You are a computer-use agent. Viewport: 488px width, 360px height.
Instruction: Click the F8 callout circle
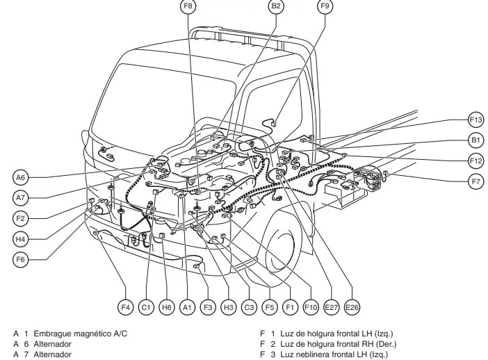tap(188, 7)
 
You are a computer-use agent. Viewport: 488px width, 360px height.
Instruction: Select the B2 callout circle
tap(276, 7)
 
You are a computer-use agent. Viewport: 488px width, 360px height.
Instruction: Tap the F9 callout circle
tap(325, 7)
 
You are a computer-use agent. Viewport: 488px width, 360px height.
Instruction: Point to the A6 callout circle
tap(22, 177)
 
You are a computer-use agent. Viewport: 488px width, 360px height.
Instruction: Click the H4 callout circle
tap(22, 239)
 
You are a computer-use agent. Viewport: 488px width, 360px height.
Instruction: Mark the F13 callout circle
tap(475, 120)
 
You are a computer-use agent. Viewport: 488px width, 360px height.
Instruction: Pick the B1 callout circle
tap(475, 140)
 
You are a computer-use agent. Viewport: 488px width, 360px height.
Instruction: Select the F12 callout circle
tap(475, 161)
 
